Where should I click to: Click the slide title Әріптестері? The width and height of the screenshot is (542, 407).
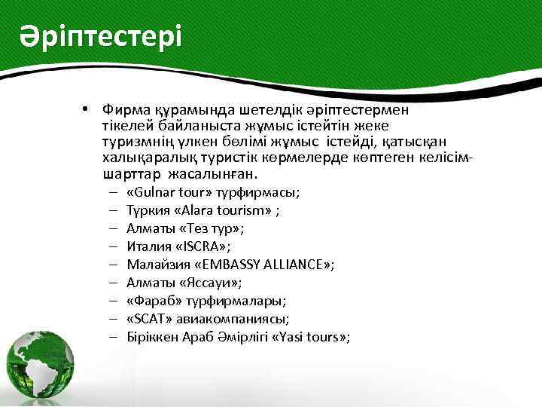[101, 36]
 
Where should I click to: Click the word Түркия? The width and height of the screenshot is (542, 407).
[147, 210]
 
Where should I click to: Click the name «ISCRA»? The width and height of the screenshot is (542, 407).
[204, 246]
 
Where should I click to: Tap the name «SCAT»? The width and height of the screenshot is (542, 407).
[148, 318]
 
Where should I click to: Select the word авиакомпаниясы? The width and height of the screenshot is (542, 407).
[227, 318]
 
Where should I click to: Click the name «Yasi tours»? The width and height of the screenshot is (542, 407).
[315, 336]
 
